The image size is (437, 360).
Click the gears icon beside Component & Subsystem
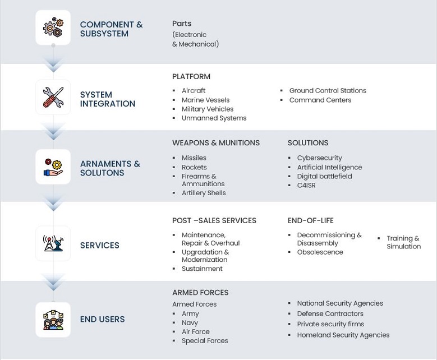pyautogui.click(x=53, y=27)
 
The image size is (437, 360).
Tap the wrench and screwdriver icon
pyautogui.click(x=53, y=98)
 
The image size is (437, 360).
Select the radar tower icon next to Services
pyautogui.click(x=53, y=243)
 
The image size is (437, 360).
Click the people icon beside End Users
pyautogui.click(x=53, y=320)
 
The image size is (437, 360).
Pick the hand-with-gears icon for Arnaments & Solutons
pyautogui.click(x=53, y=167)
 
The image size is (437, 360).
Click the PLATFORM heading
pyautogui.click(x=191, y=76)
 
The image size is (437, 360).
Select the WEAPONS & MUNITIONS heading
pyautogui.click(x=216, y=143)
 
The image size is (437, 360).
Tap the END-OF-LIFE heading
pyautogui.click(x=311, y=220)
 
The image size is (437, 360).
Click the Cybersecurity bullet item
pyautogui.click(x=319, y=158)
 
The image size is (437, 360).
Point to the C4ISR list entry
pyautogui.click(x=306, y=185)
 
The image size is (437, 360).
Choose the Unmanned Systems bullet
pyautogui.click(x=214, y=118)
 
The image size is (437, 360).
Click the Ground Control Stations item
pyautogui.click(x=328, y=91)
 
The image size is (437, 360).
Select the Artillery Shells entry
pyautogui.click(x=204, y=193)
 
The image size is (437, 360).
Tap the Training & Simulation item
pyautogui.click(x=403, y=242)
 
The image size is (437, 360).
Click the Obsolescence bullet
pyautogui.click(x=320, y=252)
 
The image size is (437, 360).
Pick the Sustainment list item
pyautogui.click(x=202, y=269)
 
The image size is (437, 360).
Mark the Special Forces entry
pyautogui.click(x=205, y=341)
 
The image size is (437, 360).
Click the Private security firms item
pyautogui.click(x=330, y=324)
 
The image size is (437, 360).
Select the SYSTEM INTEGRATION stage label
pyautogui.click(x=108, y=99)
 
